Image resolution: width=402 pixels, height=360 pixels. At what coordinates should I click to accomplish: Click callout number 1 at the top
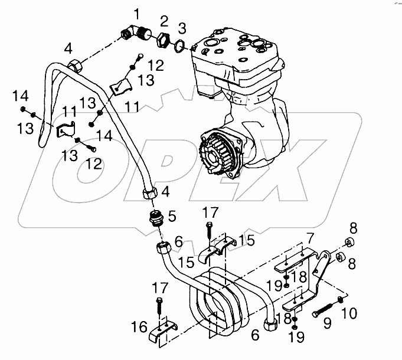[x=137, y=14]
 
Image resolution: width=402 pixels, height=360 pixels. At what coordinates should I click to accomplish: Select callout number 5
[x=172, y=217]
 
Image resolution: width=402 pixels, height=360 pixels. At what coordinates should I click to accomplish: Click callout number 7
[x=309, y=238]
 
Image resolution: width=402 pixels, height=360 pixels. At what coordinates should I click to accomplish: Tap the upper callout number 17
[x=211, y=211]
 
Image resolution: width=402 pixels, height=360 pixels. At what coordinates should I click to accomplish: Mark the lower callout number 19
[x=295, y=338]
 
